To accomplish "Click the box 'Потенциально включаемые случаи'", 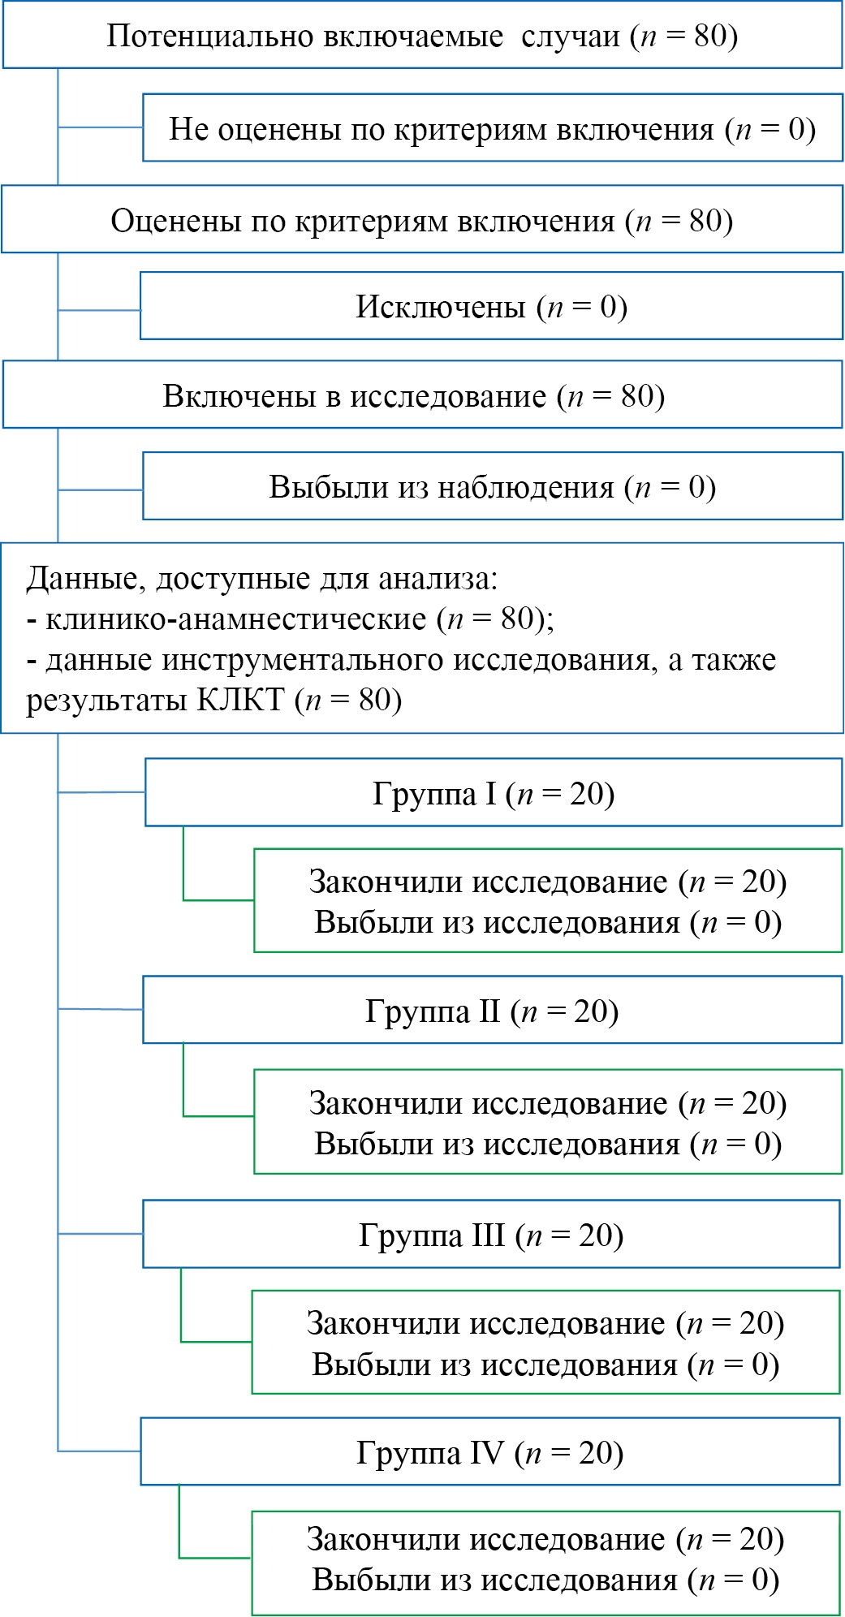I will click(422, 36).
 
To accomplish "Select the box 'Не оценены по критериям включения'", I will click(493, 129).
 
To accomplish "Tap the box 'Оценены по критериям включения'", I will click(422, 220).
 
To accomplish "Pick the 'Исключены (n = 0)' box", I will click(492, 306).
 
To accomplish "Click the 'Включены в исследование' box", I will click(422, 395).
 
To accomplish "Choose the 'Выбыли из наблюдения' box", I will click(493, 486).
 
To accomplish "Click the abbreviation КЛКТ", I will click(240, 699).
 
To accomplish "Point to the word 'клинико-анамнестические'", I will click(236, 619).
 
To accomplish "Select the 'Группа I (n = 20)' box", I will click(494, 793).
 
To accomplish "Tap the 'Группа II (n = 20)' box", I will click(493, 1011).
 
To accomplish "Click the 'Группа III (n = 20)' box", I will click(491, 1235).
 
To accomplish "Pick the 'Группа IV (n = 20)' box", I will click(490, 1452).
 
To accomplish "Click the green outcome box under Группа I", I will click(548, 901).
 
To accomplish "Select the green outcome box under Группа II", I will click(548, 1123).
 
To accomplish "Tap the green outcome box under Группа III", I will click(545, 1343).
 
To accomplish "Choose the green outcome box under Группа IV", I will click(545, 1559).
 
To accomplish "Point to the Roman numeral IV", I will click(486, 1452).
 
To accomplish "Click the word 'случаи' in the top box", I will click(571, 36).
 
